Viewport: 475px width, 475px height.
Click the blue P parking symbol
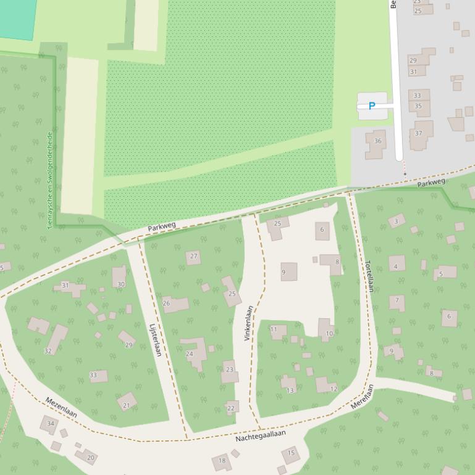click(372, 106)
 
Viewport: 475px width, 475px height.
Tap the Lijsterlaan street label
click(156, 340)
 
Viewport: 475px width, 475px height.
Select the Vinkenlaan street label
click(248, 323)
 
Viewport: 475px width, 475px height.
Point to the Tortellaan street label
click(369, 276)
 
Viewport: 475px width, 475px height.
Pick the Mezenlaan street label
click(61, 408)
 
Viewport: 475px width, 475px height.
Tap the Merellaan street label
click(363, 397)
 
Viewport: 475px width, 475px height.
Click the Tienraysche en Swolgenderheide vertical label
click(50, 180)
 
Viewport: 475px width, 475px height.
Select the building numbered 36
click(376, 142)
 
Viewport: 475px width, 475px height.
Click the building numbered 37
click(420, 134)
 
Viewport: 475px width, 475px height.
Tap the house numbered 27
click(193, 257)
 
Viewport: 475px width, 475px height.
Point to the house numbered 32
click(56, 341)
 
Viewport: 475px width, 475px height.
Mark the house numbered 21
click(127, 402)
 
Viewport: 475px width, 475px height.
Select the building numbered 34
click(49, 424)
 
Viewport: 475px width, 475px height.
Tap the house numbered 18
click(221, 461)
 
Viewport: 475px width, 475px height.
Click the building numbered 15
click(291, 455)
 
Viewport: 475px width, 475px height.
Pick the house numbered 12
click(326, 386)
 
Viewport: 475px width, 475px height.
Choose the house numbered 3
click(397, 221)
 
